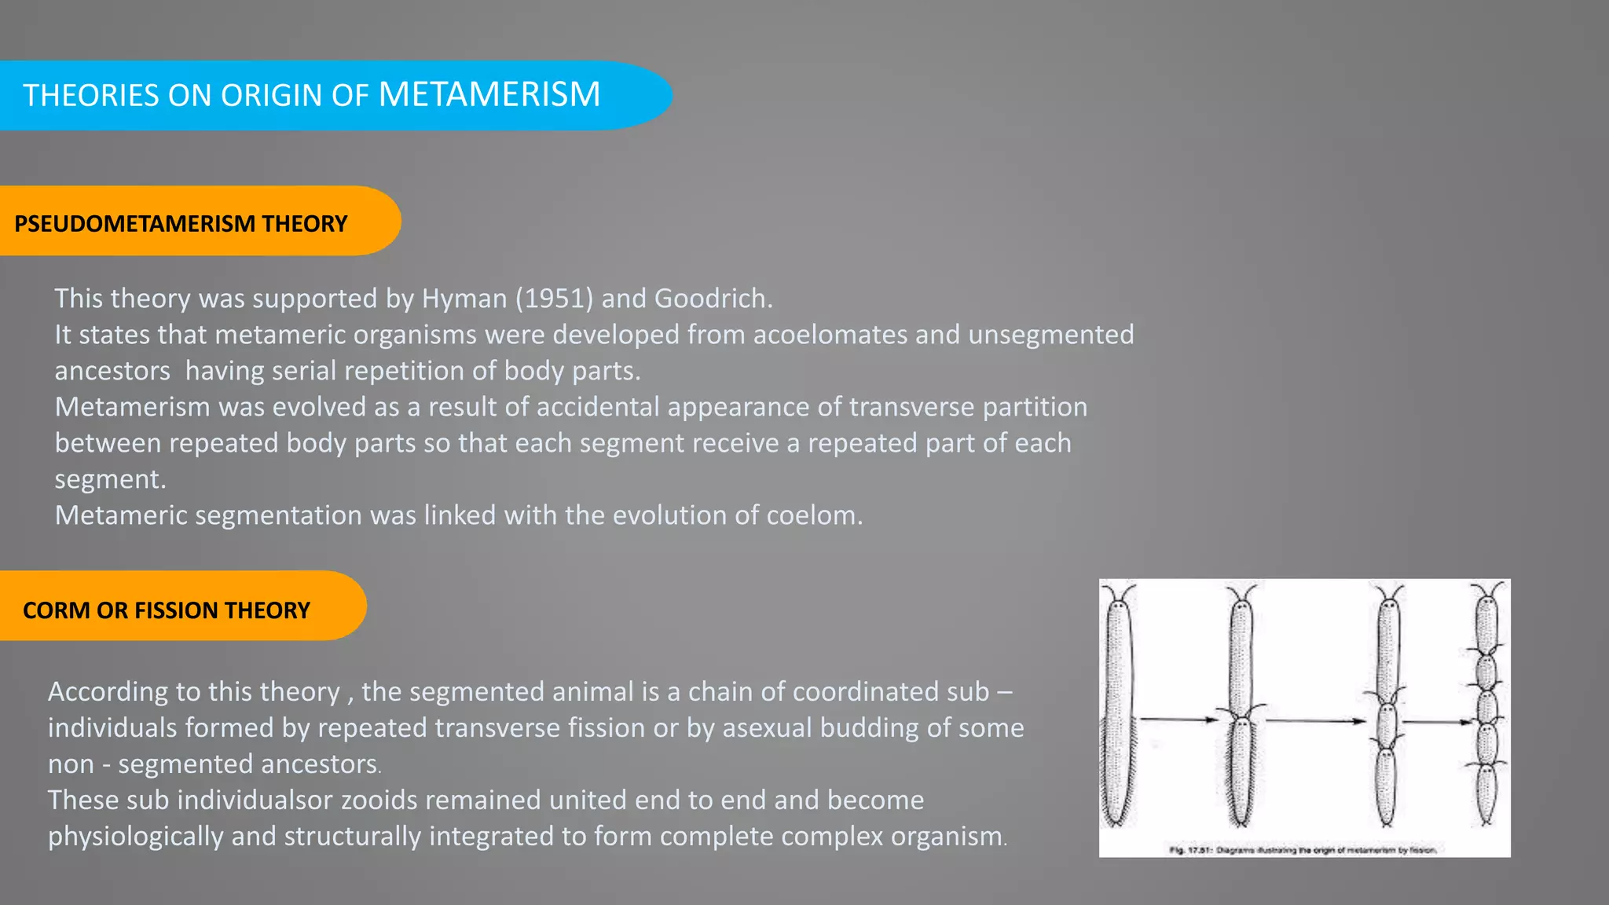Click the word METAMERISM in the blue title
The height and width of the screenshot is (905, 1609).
tap(489, 94)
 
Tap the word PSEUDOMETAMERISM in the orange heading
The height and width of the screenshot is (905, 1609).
tap(134, 224)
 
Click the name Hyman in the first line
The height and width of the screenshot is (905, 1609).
tap(464, 299)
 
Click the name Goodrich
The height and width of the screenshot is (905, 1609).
tap(713, 299)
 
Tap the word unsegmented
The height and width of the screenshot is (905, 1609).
tap(1050, 335)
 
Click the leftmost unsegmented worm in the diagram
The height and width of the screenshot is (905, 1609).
tap(1118, 707)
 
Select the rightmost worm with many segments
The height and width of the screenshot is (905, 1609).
tap(1486, 707)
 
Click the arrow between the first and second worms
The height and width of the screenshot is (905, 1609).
tap(1178, 719)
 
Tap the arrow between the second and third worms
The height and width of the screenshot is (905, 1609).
tap(1316, 720)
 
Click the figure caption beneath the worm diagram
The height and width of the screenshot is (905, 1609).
tap(1303, 849)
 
